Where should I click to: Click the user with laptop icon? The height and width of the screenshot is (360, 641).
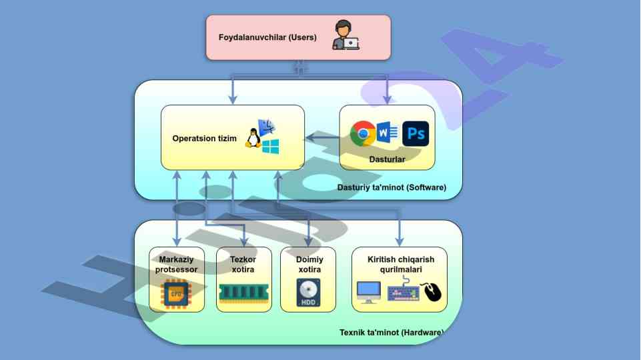[346, 35]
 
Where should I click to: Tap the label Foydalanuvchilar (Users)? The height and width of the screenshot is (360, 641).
[267, 37]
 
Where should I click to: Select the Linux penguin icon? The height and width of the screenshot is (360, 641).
[253, 138]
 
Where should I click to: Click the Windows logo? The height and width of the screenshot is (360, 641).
[270, 147]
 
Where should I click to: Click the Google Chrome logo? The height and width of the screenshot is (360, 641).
[363, 133]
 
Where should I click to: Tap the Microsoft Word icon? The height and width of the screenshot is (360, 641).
[387, 133]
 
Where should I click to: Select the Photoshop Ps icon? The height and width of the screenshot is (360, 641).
[416, 133]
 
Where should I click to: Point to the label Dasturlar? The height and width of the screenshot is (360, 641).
[387, 160]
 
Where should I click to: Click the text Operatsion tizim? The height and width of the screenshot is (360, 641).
[204, 139]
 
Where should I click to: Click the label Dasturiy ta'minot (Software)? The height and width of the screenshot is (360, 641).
[392, 188]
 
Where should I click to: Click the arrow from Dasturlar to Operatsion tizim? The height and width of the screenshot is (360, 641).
[324, 139]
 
